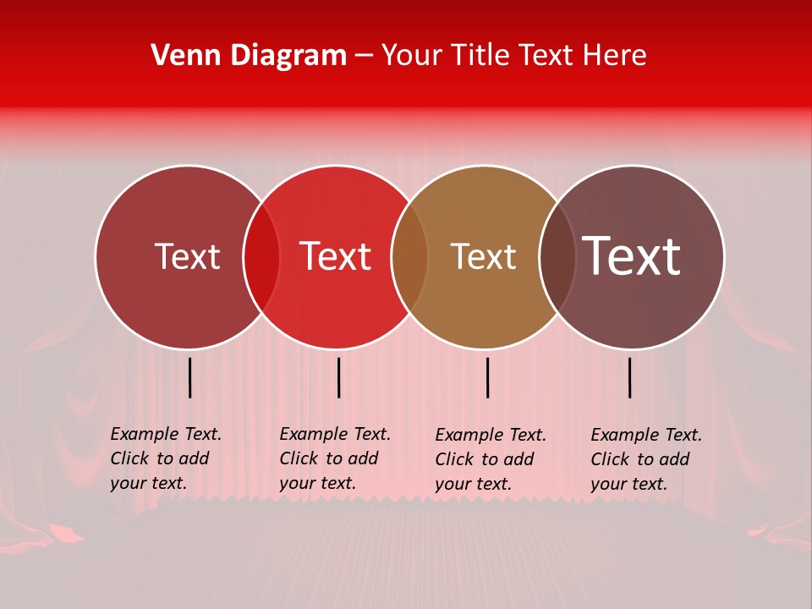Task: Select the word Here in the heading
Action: point(617,55)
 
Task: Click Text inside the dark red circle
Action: point(187,256)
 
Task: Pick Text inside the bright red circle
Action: point(335,256)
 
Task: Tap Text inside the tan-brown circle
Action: point(483,256)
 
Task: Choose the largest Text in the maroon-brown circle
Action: point(631,256)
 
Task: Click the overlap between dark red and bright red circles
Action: point(261,257)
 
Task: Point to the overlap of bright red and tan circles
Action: point(409,257)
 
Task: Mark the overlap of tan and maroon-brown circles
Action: point(557,257)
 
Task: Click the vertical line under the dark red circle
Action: point(189,377)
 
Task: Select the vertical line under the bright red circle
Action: point(338,377)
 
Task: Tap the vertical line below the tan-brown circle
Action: point(487,377)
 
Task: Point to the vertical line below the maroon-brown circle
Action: point(629,377)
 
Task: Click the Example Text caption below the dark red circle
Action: point(166,458)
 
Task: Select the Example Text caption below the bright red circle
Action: point(335,458)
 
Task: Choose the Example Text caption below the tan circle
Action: point(491,459)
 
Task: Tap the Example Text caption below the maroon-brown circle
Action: point(646,459)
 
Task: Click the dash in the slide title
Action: point(364,56)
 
